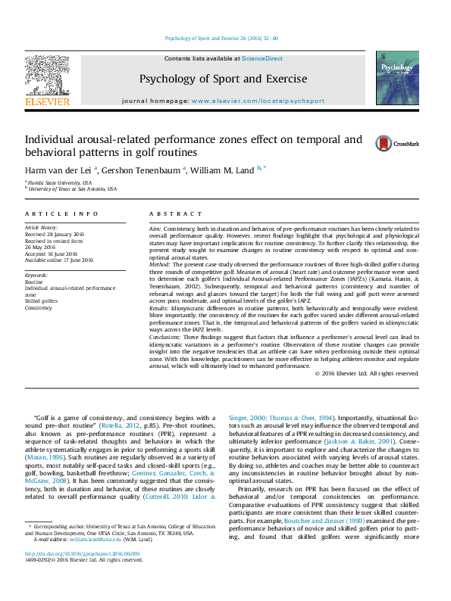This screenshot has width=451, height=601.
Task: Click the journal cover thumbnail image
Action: click(x=397, y=83)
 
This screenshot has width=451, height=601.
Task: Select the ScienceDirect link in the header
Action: click(x=262, y=58)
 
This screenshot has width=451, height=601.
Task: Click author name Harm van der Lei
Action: click(x=58, y=170)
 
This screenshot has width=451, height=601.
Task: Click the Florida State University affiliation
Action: click(x=61, y=182)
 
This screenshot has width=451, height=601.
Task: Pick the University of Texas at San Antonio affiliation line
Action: click(x=73, y=189)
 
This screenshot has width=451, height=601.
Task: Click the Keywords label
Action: click(x=37, y=276)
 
